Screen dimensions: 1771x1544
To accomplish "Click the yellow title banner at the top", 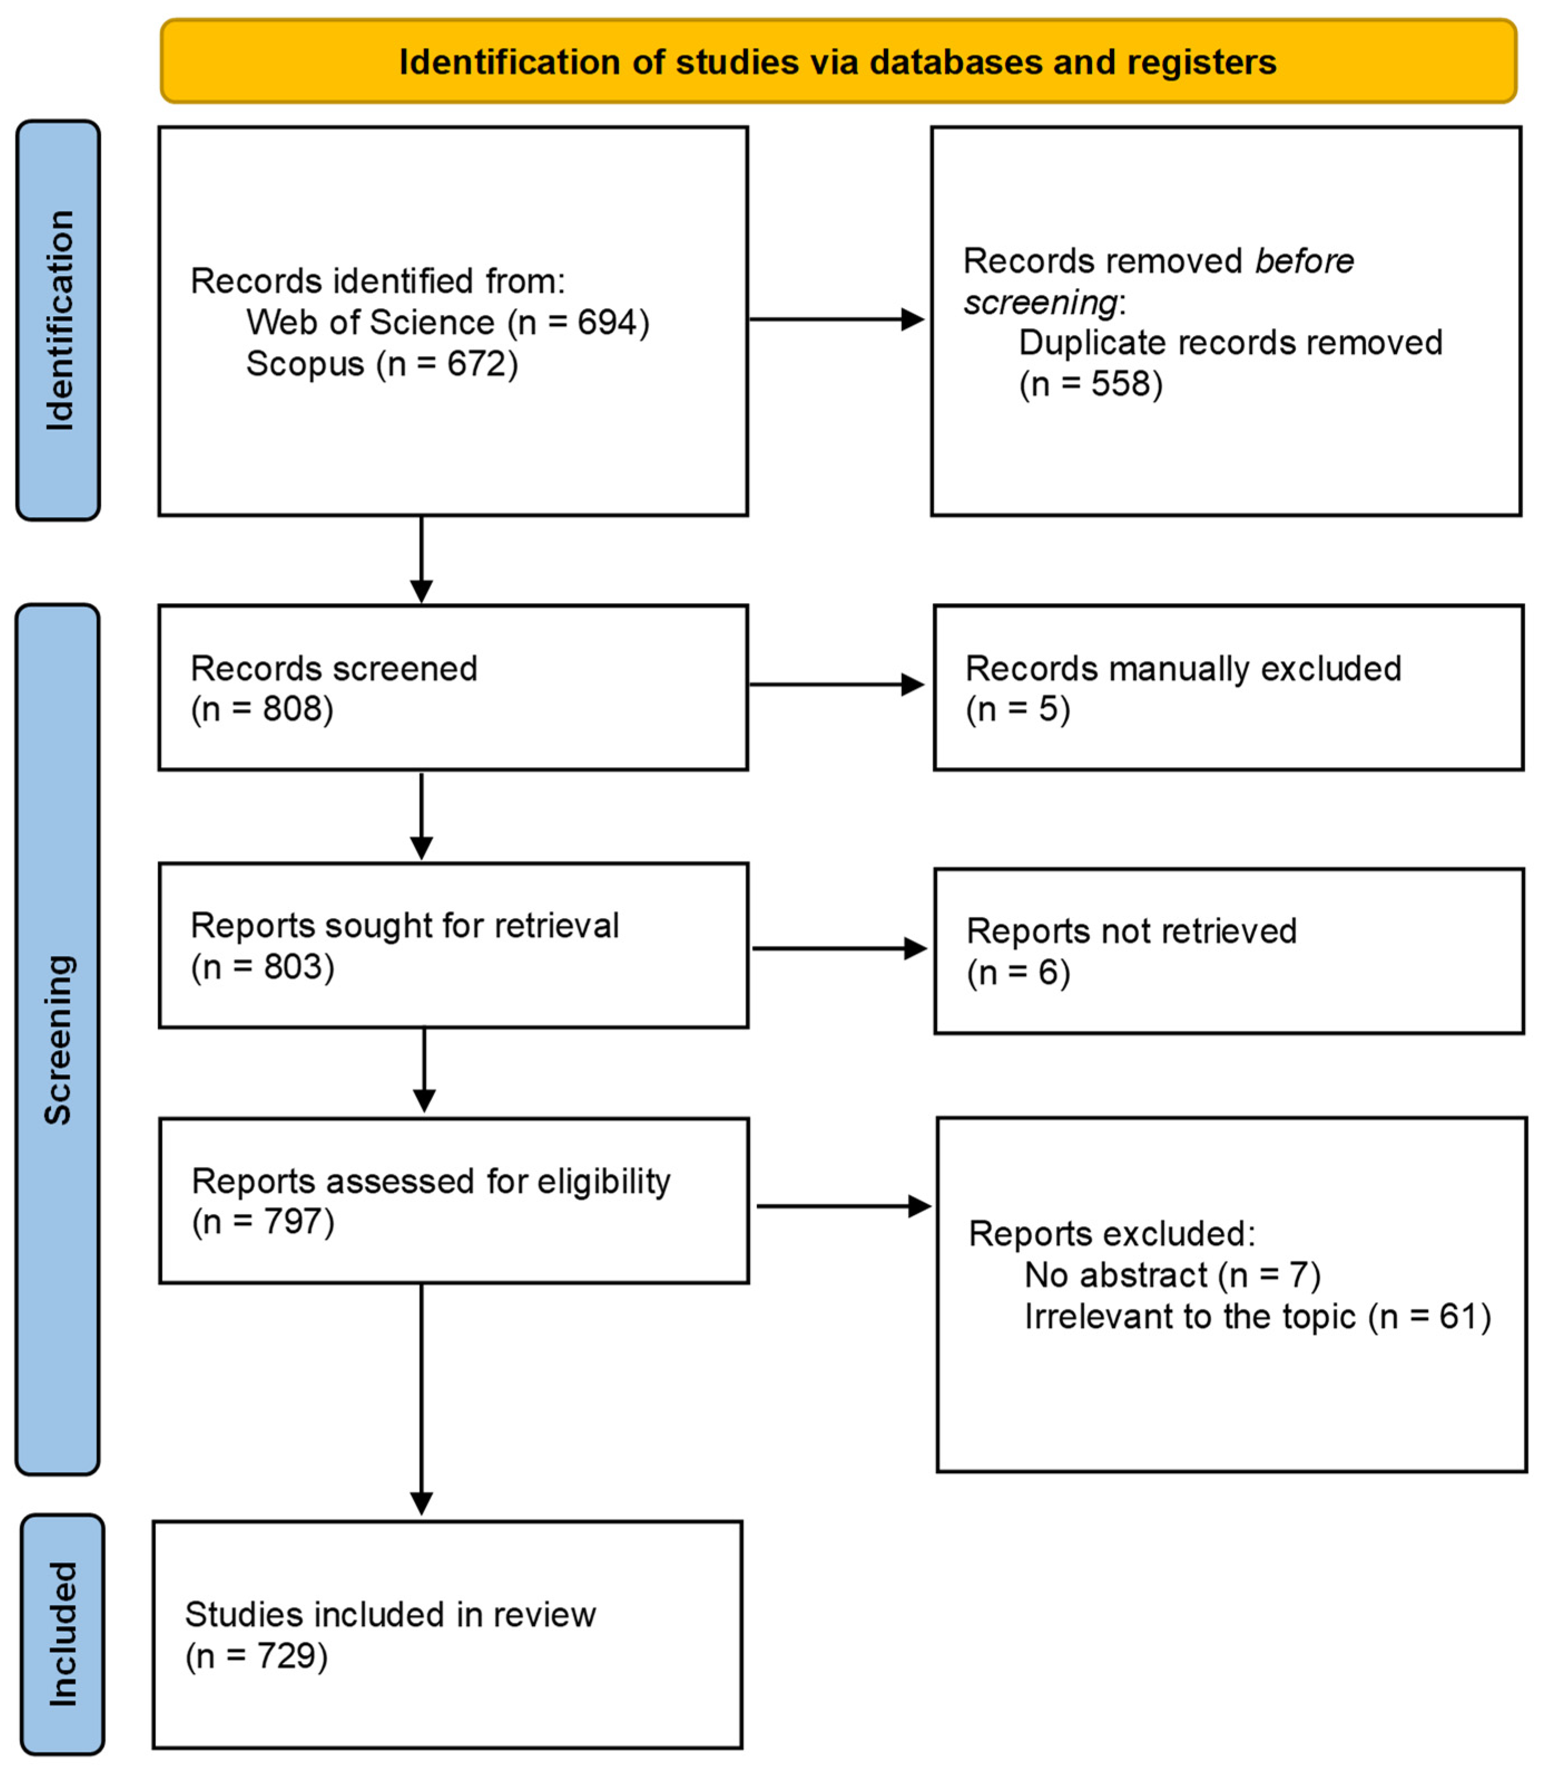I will tap(838, 62).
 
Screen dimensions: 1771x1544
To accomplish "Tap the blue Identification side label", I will tap(58, 320).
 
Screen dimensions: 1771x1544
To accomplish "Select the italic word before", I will tap(1304, 261).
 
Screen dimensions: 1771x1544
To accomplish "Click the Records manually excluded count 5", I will tap(1048, 709).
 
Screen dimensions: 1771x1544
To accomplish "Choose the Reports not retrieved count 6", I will tap(1048, 973).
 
